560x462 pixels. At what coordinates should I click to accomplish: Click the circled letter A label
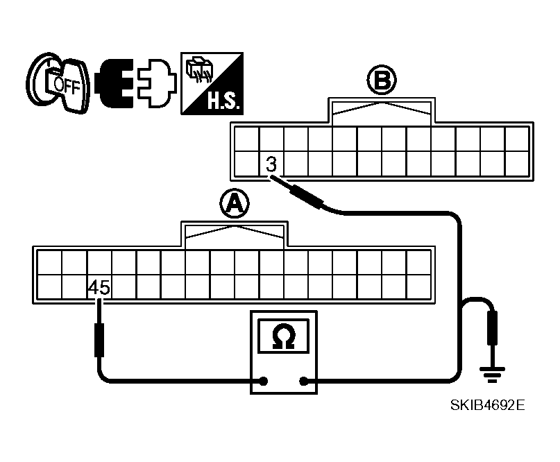point(235,203)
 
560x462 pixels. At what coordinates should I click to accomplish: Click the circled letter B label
point(382,80)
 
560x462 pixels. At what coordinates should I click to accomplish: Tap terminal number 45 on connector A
point(99,287)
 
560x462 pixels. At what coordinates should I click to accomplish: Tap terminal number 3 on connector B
point(271,164)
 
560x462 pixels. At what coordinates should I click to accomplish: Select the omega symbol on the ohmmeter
point(284,336)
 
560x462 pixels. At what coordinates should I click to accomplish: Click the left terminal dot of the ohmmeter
point(263,382)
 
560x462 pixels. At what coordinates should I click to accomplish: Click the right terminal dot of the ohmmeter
point(303,382)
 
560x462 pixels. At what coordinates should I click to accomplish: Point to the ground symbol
point(493,375)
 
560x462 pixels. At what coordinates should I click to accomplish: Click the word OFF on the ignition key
point(67,86)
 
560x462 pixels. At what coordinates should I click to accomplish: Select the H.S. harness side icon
point(212,83)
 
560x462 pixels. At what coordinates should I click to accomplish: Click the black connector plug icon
point(115,83)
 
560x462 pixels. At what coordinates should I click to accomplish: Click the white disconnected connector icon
point(157,83)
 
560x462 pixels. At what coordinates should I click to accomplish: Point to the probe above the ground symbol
point(493,327)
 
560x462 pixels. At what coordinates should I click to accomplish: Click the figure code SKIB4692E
point(488,405)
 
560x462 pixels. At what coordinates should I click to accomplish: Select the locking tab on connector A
point(235,234)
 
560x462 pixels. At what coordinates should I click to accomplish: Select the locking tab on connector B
point(382,111)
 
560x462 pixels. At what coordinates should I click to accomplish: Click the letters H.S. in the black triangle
point(224,101)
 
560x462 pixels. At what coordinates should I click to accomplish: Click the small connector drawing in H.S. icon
point(199,69)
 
